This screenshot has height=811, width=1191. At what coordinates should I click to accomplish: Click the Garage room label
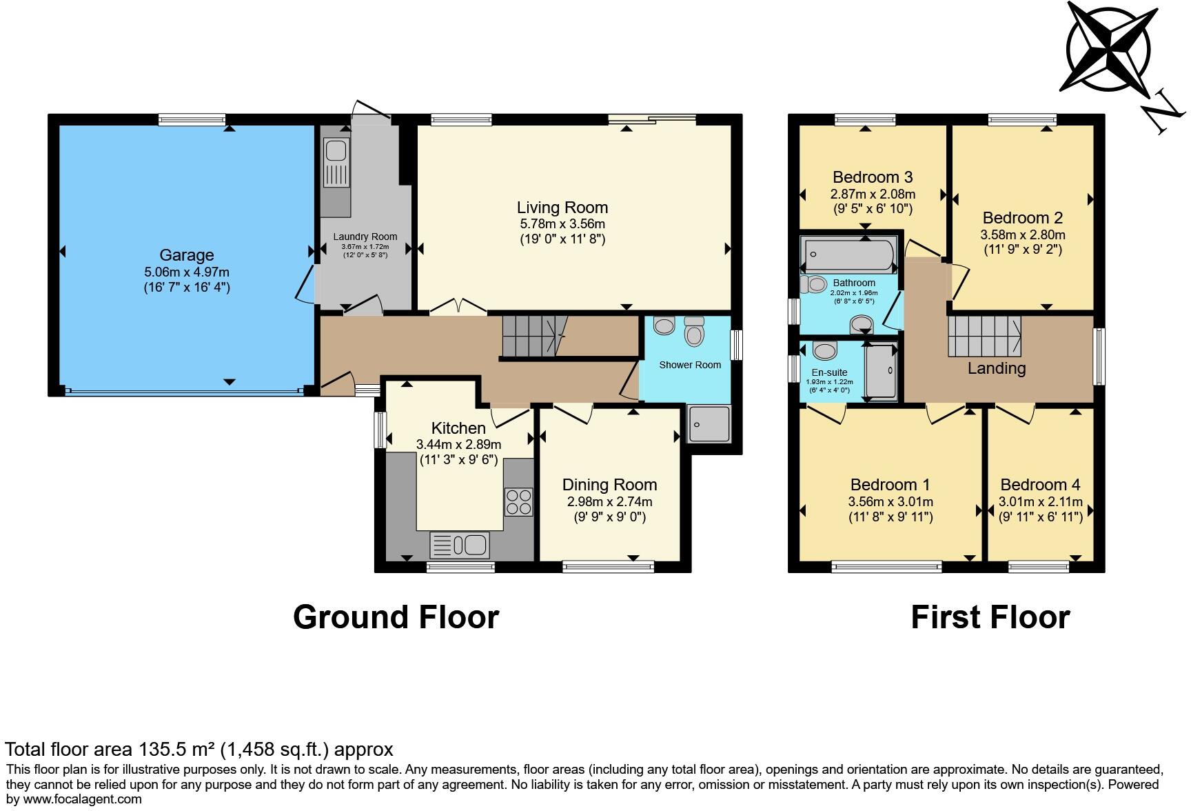[186, 255]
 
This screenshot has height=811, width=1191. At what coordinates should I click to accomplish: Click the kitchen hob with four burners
[519, 501]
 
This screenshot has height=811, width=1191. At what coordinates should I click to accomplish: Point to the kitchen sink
[460, 545]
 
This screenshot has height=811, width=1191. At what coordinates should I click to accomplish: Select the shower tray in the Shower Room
[709, 423]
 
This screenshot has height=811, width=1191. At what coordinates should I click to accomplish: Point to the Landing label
[996, 368]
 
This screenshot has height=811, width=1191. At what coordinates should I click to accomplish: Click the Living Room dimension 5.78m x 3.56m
[562, 224]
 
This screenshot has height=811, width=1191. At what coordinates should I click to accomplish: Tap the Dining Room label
[609, 485]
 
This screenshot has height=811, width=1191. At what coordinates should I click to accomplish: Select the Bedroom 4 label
[1040, 485]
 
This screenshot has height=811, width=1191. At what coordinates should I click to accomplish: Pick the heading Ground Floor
[396, 617]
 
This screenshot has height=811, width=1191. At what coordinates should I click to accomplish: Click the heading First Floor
[990, 617]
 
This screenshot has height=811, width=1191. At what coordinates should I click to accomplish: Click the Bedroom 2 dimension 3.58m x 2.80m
[1022, 234]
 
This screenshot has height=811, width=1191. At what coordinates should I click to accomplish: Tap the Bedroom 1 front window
[886, 567]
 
